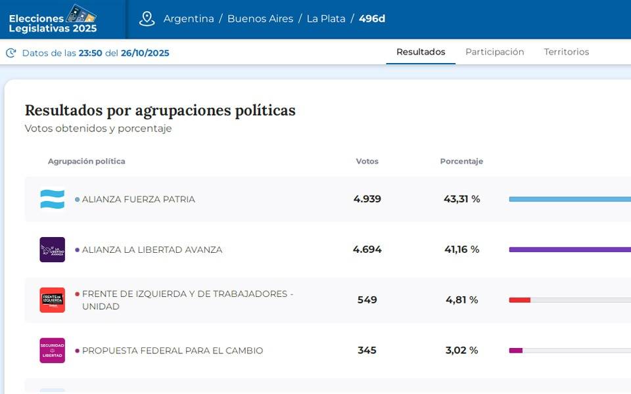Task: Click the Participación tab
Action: [494, 52]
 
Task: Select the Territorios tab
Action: [566, 52]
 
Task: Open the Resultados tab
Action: [421, 52]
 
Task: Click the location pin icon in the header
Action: [147, 18]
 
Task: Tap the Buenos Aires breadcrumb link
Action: [260, 18]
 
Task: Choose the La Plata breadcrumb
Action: [326, 18]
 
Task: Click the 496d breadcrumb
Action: [372, 18]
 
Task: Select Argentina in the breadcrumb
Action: [189, 18]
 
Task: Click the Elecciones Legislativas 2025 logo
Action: [53, 19]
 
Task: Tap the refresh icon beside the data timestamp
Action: [11, 53]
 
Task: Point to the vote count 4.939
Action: [367, 199]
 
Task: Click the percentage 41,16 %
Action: [461, 250]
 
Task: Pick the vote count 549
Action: [367, 300]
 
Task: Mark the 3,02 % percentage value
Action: [462, 351]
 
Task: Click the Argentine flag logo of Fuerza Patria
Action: [53, 199]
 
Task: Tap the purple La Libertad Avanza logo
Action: [53, 250]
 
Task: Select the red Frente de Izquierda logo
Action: [53, 300]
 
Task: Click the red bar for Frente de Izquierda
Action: [519, 300]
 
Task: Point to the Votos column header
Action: [367, 162]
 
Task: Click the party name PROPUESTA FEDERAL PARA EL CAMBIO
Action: [172, 351]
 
